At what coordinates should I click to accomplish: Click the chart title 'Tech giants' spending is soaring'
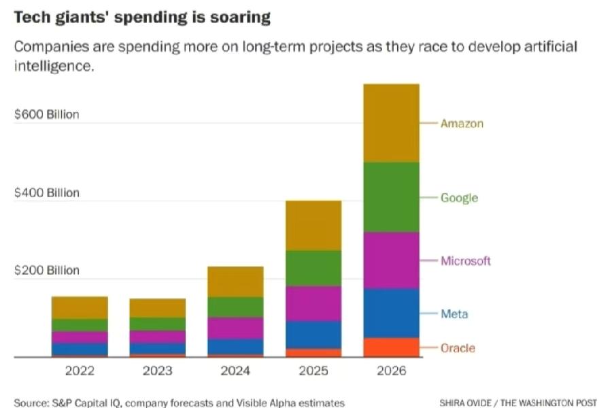pos(142,18)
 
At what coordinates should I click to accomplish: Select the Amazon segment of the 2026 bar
pos(390,123)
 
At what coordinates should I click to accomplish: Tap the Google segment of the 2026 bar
pos(390,197)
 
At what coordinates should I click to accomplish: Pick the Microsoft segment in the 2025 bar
pos(312,303)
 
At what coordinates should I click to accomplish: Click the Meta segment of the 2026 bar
pos(390,313)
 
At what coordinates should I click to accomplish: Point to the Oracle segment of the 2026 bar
pos(390,347)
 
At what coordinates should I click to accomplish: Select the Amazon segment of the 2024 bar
pos(235,282)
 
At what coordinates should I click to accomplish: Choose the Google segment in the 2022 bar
pos(80,325)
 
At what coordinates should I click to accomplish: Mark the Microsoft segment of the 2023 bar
pos(157,337)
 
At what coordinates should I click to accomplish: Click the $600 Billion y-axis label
pos(47,114)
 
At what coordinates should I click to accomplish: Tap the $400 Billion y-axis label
pos(47,192)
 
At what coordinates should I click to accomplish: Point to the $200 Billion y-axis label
pos(47,270)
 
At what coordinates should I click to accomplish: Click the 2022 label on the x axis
pos(80,371)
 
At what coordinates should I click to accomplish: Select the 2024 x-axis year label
pos(235,371)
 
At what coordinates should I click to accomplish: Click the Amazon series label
pos(462,124)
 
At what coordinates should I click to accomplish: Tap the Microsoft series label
pos(465,261)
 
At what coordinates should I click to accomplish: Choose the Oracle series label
pos(458,348)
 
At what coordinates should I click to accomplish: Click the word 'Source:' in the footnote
pos(31,403)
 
